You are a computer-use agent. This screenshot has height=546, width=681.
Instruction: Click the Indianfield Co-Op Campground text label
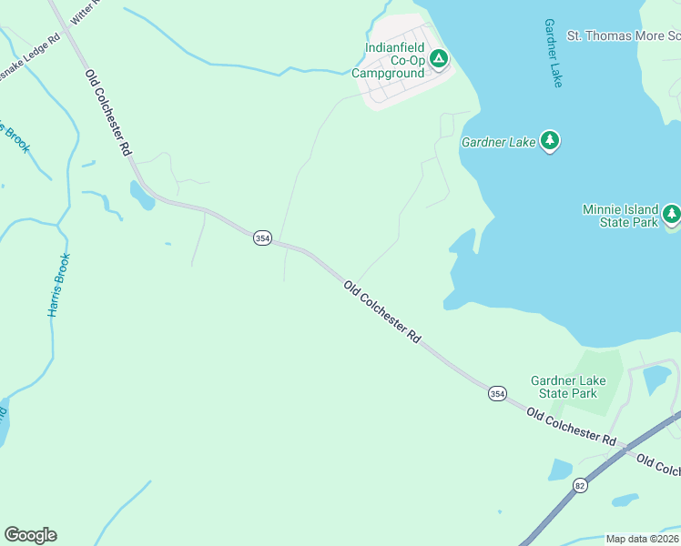[x=394, y=60]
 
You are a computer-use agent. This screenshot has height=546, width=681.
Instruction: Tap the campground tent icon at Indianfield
[x=439, y=60]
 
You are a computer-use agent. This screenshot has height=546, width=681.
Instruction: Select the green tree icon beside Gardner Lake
[x=549, y=141]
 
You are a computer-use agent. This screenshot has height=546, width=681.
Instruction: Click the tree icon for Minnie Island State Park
[x=671, y=215]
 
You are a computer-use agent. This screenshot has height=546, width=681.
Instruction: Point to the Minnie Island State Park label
[x=619, y=216]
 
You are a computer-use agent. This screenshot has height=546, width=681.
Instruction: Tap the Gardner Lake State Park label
[x=567, y=387]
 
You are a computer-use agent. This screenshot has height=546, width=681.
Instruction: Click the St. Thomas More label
[x=624, y=35]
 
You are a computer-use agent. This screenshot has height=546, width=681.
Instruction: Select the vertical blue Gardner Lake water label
[x=553, y=53]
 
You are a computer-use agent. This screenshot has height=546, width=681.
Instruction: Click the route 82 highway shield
[x=581, y=486]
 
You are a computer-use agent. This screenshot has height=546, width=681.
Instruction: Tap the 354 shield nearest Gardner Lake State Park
[x=496, y=393]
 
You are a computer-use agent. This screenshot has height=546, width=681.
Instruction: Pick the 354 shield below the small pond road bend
[x=262, y=238]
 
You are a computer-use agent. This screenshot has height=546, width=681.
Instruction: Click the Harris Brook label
[x=58, y=285]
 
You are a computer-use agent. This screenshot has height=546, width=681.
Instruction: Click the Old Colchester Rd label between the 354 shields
[x=382, y=311]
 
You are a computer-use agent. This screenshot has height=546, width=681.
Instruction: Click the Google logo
[x=30, y=535]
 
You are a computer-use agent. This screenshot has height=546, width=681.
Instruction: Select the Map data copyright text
[x=642, y=539]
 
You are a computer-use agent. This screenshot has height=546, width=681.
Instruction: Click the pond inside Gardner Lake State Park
[x=656, y=379]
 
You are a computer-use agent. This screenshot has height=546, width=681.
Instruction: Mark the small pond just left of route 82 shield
[x=559, y=470]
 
